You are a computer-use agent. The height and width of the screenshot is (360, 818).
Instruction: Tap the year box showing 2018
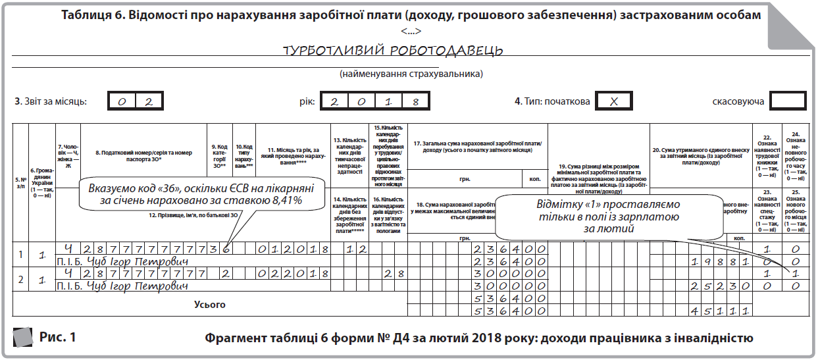(x=372, y=102)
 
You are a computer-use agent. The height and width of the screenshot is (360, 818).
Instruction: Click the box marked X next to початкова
(x=613, y=102)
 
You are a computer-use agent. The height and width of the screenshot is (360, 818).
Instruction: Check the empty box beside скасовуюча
(x=787, y=102)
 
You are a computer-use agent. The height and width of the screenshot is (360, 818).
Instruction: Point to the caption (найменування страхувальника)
(x=411, y=74)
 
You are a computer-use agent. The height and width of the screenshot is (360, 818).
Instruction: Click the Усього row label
(x=210, y=305)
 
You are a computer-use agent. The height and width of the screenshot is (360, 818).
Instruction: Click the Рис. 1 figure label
(x=58, y=338)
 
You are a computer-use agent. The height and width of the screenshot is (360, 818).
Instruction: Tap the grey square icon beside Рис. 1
(x=24, y=338)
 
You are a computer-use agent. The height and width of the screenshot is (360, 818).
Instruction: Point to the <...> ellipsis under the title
(x=411, y=31)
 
